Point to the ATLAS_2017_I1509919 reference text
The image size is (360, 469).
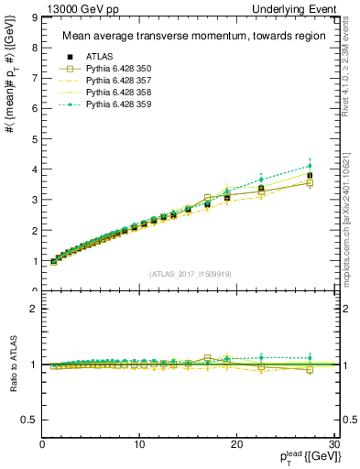click(x=189, y=274)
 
